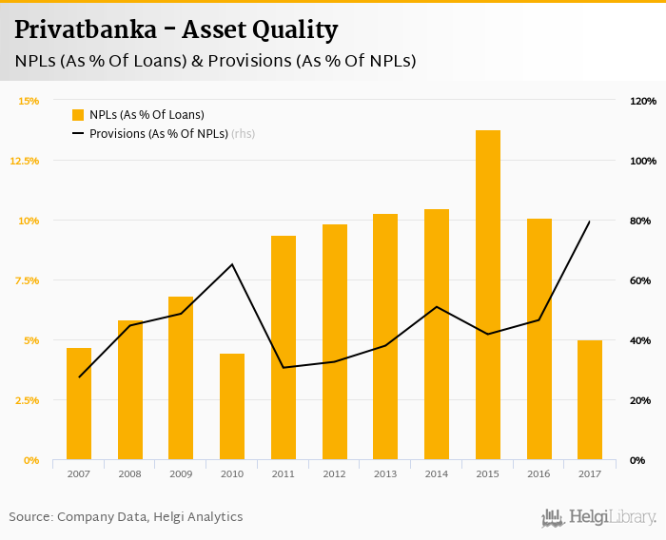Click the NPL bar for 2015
488,295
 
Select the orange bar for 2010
232,407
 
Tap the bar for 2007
79,404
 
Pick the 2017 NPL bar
590,400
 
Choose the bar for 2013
385,337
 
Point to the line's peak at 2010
232,264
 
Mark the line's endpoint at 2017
590,222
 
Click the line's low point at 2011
284,368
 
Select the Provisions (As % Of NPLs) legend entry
159,134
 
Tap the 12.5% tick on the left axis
25,161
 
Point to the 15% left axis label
29,101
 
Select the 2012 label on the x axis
334,472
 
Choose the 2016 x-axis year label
539,472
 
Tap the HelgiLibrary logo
599,517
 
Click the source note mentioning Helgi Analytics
126,517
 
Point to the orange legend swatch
78,115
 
